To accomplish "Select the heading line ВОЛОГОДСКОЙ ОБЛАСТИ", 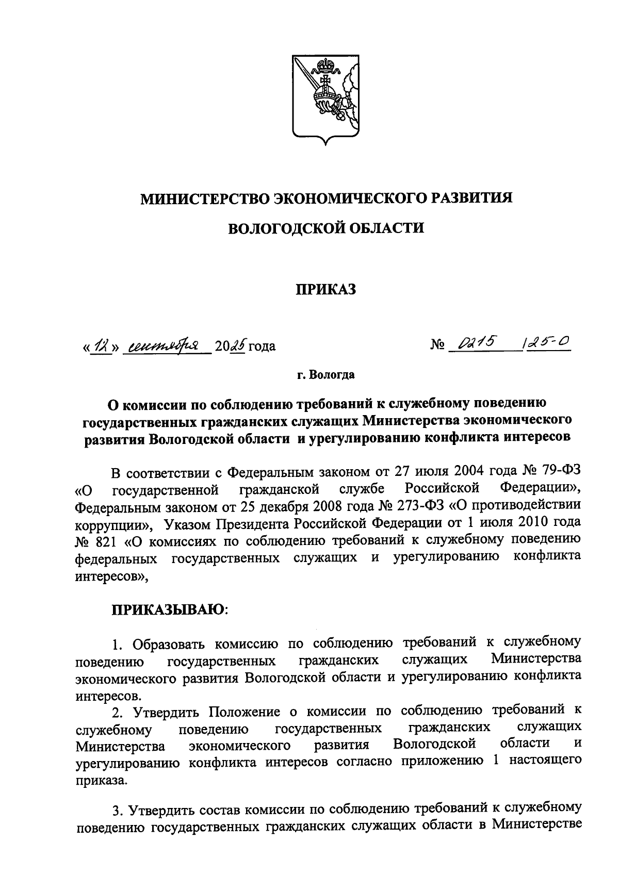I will (x=326, y=228).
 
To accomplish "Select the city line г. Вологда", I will (x=325, y=375).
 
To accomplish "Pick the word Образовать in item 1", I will (x=170, y=643).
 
